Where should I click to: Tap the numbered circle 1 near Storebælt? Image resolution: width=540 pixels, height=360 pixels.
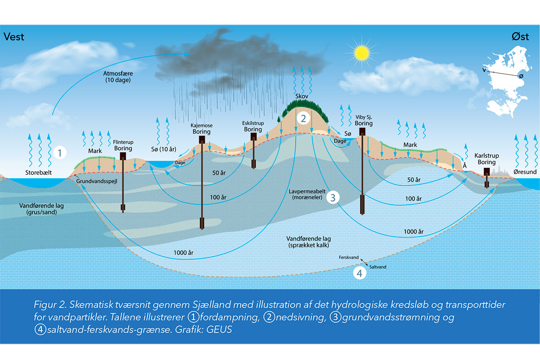[x=59, y=152]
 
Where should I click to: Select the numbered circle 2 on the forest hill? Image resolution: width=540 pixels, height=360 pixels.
[x=303, y=119]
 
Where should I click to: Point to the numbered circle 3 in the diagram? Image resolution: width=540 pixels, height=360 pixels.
[x=333, y=197]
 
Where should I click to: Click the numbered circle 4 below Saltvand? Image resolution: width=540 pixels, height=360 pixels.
[x=359, y=273]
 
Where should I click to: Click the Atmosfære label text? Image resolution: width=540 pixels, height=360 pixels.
[x=117, y=72]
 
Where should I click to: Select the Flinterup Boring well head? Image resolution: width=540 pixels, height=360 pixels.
[x=122, y=156]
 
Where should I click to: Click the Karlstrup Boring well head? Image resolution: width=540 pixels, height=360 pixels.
[x=486, y=171]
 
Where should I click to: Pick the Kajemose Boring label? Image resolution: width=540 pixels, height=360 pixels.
[x=201, y=129]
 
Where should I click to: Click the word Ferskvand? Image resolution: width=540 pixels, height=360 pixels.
[x=349, y=257]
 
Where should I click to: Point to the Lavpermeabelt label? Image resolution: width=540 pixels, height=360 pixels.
[x=305, y=194]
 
